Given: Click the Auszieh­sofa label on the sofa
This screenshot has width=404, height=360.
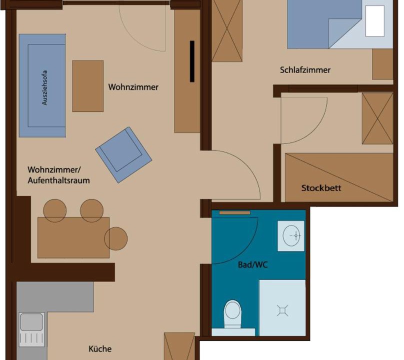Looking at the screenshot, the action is (44, 87).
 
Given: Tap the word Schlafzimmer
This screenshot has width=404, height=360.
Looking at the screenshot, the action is (305, 70).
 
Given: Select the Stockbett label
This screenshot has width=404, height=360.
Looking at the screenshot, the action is (321, 188).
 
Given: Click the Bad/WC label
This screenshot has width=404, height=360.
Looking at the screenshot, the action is (253, 264).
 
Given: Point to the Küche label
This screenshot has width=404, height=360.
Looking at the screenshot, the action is (100, 349).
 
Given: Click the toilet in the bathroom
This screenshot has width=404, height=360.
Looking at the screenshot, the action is (232, 314).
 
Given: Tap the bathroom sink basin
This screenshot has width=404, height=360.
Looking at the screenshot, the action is (291, 235).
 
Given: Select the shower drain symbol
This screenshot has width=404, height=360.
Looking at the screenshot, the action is (282, 310).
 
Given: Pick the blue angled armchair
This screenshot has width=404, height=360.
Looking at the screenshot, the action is (123, 155).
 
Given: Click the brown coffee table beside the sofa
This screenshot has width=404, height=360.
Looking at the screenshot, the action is (88, 86).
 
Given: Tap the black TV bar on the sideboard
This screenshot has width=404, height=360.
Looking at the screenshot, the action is (192, 61).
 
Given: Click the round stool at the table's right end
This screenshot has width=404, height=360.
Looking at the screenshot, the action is (115, 238).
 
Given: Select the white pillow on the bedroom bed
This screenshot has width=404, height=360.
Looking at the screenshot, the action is (375, 21).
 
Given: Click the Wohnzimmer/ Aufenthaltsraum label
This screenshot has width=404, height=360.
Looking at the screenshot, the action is (58, 175).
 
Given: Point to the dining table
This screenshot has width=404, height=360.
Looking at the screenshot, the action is (73, 237).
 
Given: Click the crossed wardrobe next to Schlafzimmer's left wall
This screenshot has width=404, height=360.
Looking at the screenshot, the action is (227, 30).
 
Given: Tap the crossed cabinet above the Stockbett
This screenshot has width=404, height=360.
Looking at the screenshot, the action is (377, 118).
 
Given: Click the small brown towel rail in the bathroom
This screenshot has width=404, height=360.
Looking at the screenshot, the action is (234, 213).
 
